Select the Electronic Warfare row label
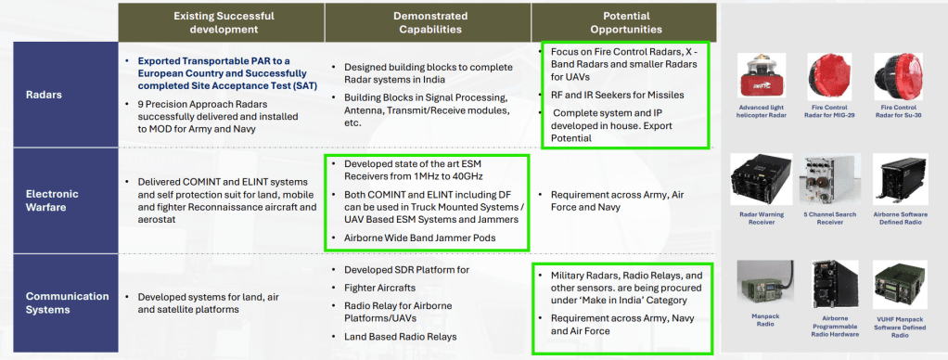pyautogui.click(x=52, y=200)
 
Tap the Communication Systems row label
pyautogui.click(x=67, y=302)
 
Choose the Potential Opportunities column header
pyautogui.click(x=626, y=22)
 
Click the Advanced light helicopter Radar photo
pyautogui.click(x=762, y=76)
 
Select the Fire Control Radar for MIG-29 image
pyautogui.click(x=831, y=76)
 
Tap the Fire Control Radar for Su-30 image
pyautogui.click(x=900, y=76)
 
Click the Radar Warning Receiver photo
pyautogui.click(x=762, y=178)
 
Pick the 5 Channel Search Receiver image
pyautogui.click(x=831, y=178)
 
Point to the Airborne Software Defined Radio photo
pyautogui.click(x=900, y=178)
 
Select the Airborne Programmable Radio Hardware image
pyautogui.click(x=835, y=285)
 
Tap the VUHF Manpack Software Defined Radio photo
pyautogui.click(x=900, y=285)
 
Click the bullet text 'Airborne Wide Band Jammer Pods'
pyautogui.click(x=420, y=238)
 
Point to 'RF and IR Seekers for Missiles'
pyautogui.click(x=617, y=95)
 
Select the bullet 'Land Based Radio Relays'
pyautogui.click(x=400, y=337)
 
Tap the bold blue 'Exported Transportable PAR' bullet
pyautogui.click(x=227, y=73)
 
